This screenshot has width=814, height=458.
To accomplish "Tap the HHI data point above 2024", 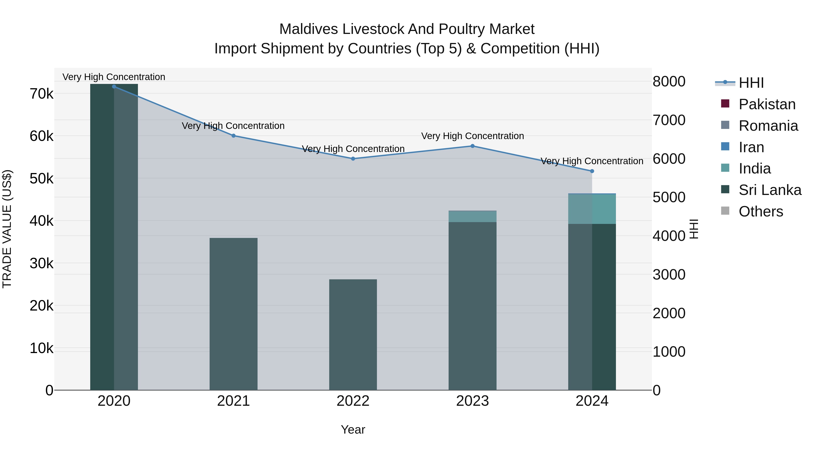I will click(592, 171).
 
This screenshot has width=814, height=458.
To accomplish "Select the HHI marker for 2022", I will click(353, 159).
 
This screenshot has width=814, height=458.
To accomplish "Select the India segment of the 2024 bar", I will click(592, 209).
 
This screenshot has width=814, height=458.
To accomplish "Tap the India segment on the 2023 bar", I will click(472, 216).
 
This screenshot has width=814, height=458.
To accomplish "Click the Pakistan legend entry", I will click(767, 104).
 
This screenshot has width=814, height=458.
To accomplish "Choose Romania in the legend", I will click(768, 126).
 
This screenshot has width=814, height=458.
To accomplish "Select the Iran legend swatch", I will click(725, 147).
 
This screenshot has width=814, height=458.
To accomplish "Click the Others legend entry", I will click(761, 211).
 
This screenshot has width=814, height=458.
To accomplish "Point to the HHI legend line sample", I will click(725, 83).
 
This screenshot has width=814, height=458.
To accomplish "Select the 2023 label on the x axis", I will click(472, 401).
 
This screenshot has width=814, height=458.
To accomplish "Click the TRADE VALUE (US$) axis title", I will click(7, 229).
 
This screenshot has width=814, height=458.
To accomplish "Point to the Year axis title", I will click(353, 430).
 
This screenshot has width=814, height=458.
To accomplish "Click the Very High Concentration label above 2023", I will click(472, 136).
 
